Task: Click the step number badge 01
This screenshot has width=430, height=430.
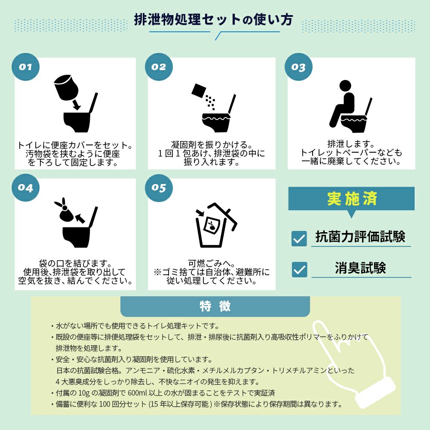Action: (25, 67)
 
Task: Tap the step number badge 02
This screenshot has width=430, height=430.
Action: (159, 67)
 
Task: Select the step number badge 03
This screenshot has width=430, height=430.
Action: (298, 67)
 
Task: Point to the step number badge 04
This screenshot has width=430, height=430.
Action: (25, 187)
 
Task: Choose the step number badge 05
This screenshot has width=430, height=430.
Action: (159, 187)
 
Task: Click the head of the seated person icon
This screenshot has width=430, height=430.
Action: (345, 85)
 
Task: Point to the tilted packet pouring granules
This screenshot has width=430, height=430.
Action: (199, 91)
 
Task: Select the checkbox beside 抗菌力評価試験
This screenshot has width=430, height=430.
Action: (299, 238)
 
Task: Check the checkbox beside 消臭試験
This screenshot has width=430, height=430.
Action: (299, 269)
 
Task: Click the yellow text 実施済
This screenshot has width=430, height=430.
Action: (352, 199)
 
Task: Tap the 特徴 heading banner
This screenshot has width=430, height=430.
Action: (215, 306)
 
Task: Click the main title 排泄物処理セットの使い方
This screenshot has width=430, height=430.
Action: (214, 20)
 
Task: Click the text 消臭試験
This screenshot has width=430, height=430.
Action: (360, 267)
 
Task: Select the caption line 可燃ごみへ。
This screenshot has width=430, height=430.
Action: (212, 263)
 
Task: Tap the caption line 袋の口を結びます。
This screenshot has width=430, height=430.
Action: (75, 263)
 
